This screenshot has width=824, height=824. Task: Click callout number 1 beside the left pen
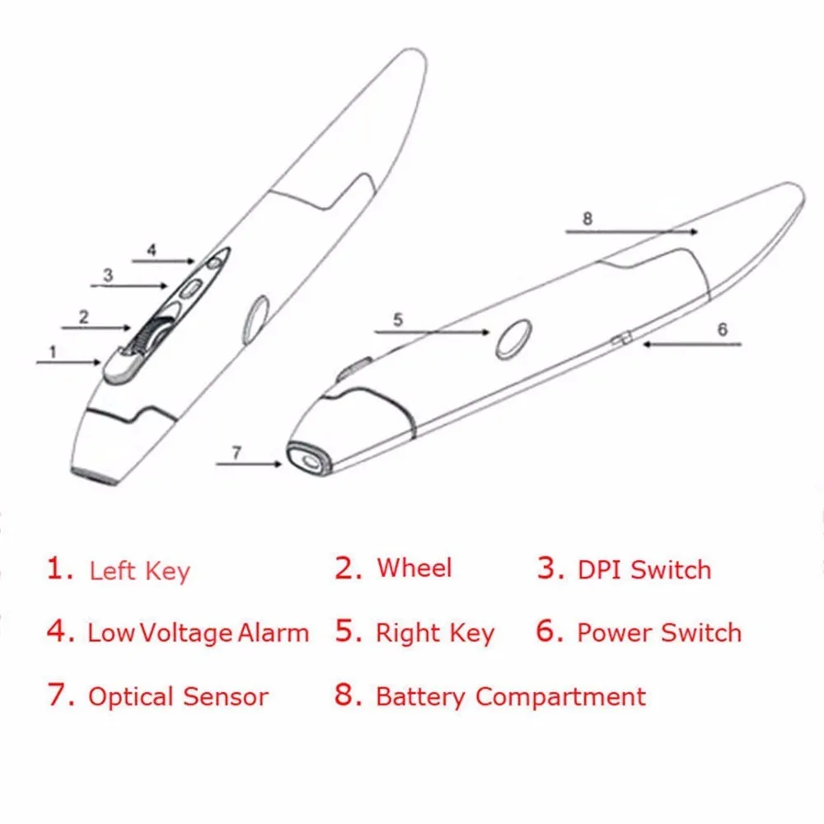(52, 351)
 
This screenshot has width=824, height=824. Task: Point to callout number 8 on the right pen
(587, 218)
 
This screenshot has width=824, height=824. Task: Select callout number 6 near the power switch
(723, 330)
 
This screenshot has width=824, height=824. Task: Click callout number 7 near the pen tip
(236, 452)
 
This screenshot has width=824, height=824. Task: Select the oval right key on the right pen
(513, 339)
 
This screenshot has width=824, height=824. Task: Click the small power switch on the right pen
(625, 337)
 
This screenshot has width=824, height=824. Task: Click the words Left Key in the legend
(139, 571)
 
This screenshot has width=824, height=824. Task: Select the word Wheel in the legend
(414, 568)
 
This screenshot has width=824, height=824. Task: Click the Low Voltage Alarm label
(198, 633)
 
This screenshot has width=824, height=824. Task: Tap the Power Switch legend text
(658, 633)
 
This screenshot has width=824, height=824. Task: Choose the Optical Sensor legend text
(178, 696)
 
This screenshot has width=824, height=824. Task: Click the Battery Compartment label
(510, 696)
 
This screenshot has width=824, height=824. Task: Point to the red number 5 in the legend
(349, 631)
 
